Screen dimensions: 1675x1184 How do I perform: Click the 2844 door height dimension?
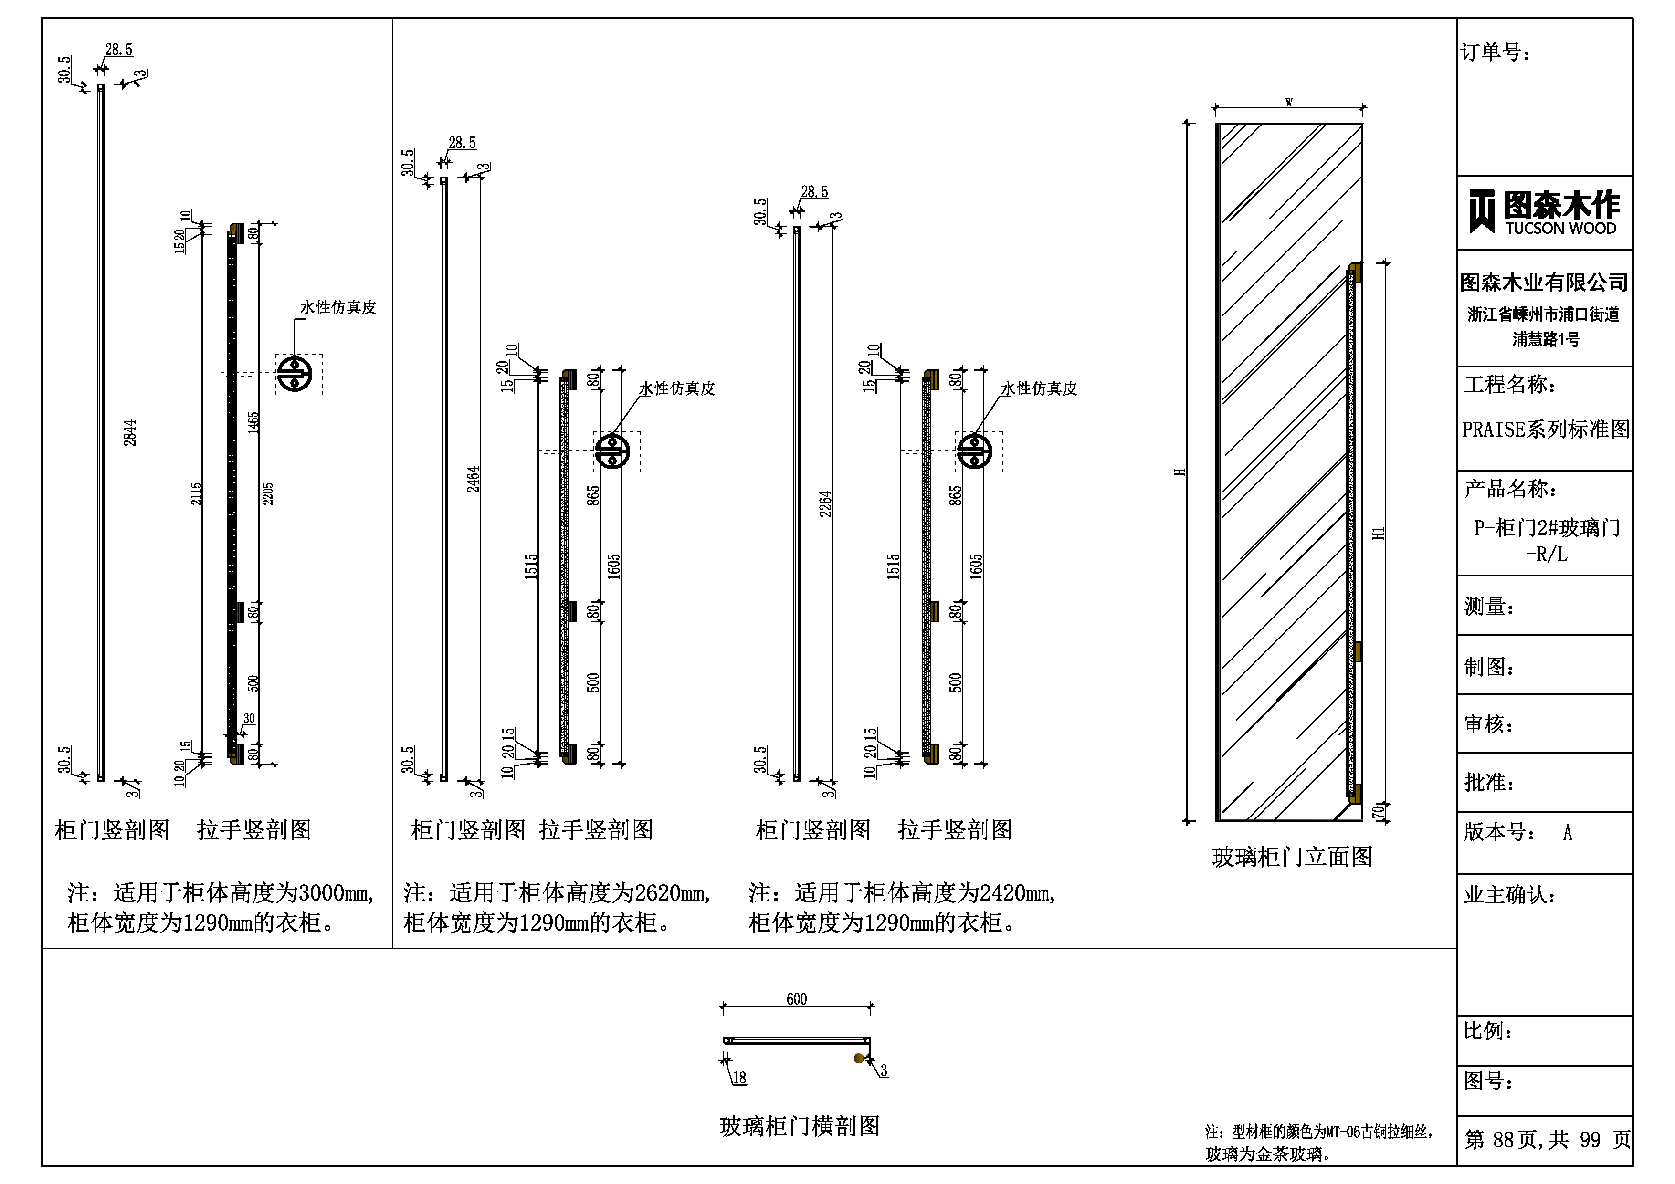pos(130,432)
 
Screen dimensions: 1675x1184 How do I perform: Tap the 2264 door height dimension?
pos(826,503)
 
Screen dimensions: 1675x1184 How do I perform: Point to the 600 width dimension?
pos(797,999)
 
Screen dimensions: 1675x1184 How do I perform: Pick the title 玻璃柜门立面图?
pos(1292,857)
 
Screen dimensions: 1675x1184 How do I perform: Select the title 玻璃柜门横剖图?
pos(800,1126)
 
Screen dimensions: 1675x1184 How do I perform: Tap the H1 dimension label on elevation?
pos(1378,533)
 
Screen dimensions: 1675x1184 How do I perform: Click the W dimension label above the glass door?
pos(1289,102)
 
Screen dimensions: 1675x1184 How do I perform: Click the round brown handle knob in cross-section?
pos(859,1058)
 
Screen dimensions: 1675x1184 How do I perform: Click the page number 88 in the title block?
pos(1504,1140)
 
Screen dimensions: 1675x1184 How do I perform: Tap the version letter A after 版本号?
pos(1568,832)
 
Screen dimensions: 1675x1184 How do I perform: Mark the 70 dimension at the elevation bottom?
pos(1378,810)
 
